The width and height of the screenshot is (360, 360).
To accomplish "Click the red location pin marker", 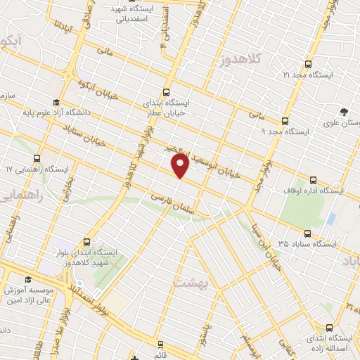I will click(x=180, y=166).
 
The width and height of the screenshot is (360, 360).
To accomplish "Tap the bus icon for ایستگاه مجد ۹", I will click(x=284, y=120).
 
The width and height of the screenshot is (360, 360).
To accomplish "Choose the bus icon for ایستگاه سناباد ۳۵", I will click(x=307, y=234).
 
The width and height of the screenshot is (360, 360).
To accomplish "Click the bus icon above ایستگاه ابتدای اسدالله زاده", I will click(x=330, y=327).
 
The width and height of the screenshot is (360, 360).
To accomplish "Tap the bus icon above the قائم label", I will click(x=161, y=344).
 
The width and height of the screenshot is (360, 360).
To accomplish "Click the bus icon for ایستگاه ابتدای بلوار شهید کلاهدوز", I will click(x=87, y=240).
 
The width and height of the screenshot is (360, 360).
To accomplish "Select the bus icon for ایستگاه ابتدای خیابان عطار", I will click(x=166, y=91).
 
